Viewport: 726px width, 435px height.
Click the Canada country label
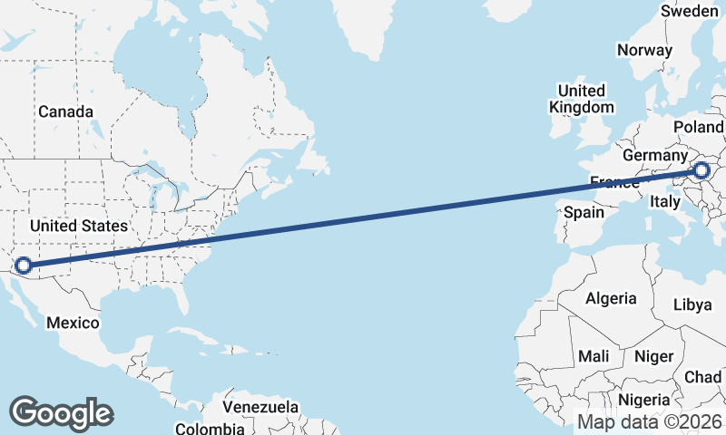65,111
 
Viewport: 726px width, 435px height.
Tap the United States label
79,225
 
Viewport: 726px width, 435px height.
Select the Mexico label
73,323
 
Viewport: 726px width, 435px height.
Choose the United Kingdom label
582,99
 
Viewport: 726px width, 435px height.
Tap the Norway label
644,51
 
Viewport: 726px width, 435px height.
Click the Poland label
699,127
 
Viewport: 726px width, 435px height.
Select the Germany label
656,156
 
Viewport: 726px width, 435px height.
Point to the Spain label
584,212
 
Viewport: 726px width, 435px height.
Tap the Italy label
665,204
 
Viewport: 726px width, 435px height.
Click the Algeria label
611,298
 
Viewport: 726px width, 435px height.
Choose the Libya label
692,305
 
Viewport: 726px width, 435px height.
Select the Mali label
594,356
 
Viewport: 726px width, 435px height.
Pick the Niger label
653,356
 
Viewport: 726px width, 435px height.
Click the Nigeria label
644,400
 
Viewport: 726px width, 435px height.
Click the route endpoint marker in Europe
701,169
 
